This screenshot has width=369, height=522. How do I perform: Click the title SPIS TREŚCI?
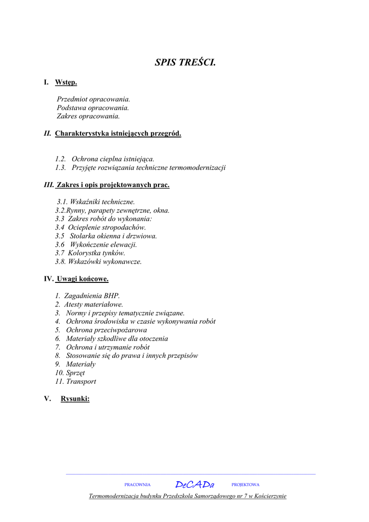[x=185, y=63]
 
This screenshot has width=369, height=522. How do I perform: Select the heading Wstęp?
[x=66, y=82]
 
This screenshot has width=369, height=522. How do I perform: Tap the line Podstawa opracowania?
[x=93, y=108]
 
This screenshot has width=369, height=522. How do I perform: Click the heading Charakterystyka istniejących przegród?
[x=118, y=134]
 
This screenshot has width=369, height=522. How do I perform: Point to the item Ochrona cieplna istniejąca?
[x=113, y=159]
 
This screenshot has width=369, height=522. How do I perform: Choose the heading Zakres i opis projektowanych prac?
[x=113, y=185]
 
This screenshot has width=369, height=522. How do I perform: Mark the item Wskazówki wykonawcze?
[x=104, y=262]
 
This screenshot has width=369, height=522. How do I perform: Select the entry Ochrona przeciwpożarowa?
[x=106, y=330]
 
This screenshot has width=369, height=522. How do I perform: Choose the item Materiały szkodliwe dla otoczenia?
[x=117, y=338]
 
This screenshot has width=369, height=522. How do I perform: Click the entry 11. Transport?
[x=75, y=381]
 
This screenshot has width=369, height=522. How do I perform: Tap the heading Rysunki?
[x=75, y=399]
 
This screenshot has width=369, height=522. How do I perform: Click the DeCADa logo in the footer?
[x=195, y=485]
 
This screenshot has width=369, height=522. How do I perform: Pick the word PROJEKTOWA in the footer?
[x=245, y=485]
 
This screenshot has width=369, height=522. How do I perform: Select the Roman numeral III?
[x=48, y=185]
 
